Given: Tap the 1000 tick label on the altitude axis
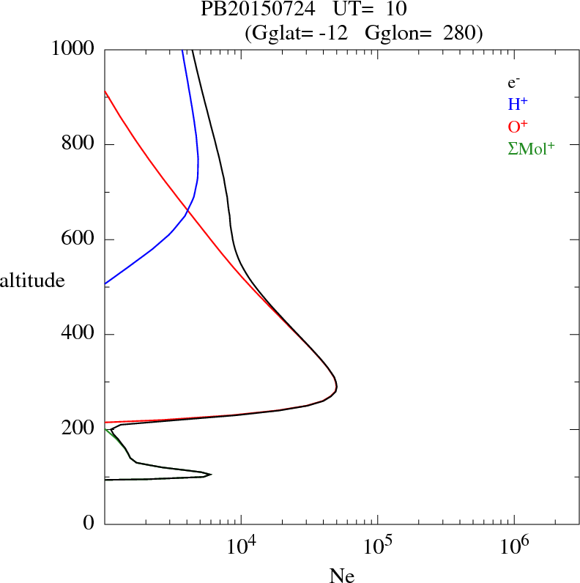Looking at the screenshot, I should pyautogui.click(x=75, y=49).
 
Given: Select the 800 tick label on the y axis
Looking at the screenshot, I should pyautogui.click(x=80, y=144).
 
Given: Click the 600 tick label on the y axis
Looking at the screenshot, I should pyautogui.click(x=80, y=239).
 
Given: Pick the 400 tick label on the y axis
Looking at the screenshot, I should pyautogui.click(x=80, y=335).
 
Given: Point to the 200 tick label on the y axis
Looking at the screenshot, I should pyautogui.click(x=80, y=429).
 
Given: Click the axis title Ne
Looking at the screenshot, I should pyautogui.click(x=341, y=576).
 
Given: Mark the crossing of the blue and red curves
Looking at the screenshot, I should pyautogui.click(x=187, y=211).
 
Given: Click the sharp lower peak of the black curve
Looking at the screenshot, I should pyautogui.click(x=211, y=475).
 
